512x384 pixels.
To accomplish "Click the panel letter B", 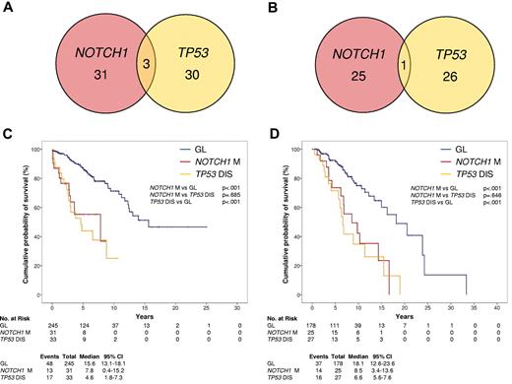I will click(x=271, y=11).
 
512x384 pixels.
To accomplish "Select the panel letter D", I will click(x=271, y=136).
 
